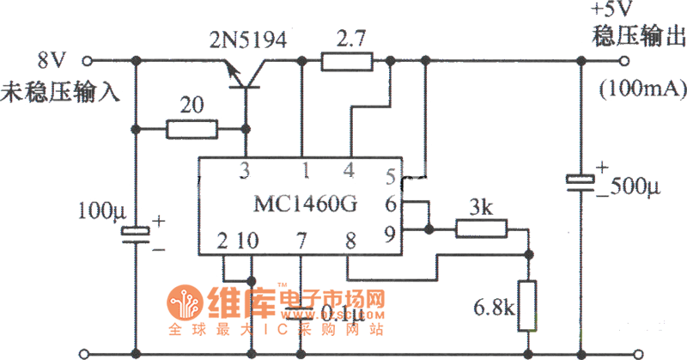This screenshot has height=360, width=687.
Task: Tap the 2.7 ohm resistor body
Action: click(347, 61)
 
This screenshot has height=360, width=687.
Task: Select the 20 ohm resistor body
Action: click(192, 130)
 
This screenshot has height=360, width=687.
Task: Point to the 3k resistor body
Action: click(481, 229)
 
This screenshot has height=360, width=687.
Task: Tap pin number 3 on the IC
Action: click(246, 170)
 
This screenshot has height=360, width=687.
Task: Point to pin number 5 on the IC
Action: click(391, 177)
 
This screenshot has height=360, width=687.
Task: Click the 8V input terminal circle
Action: click(86, 61)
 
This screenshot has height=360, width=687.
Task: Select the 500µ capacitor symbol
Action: click(581, 181)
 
